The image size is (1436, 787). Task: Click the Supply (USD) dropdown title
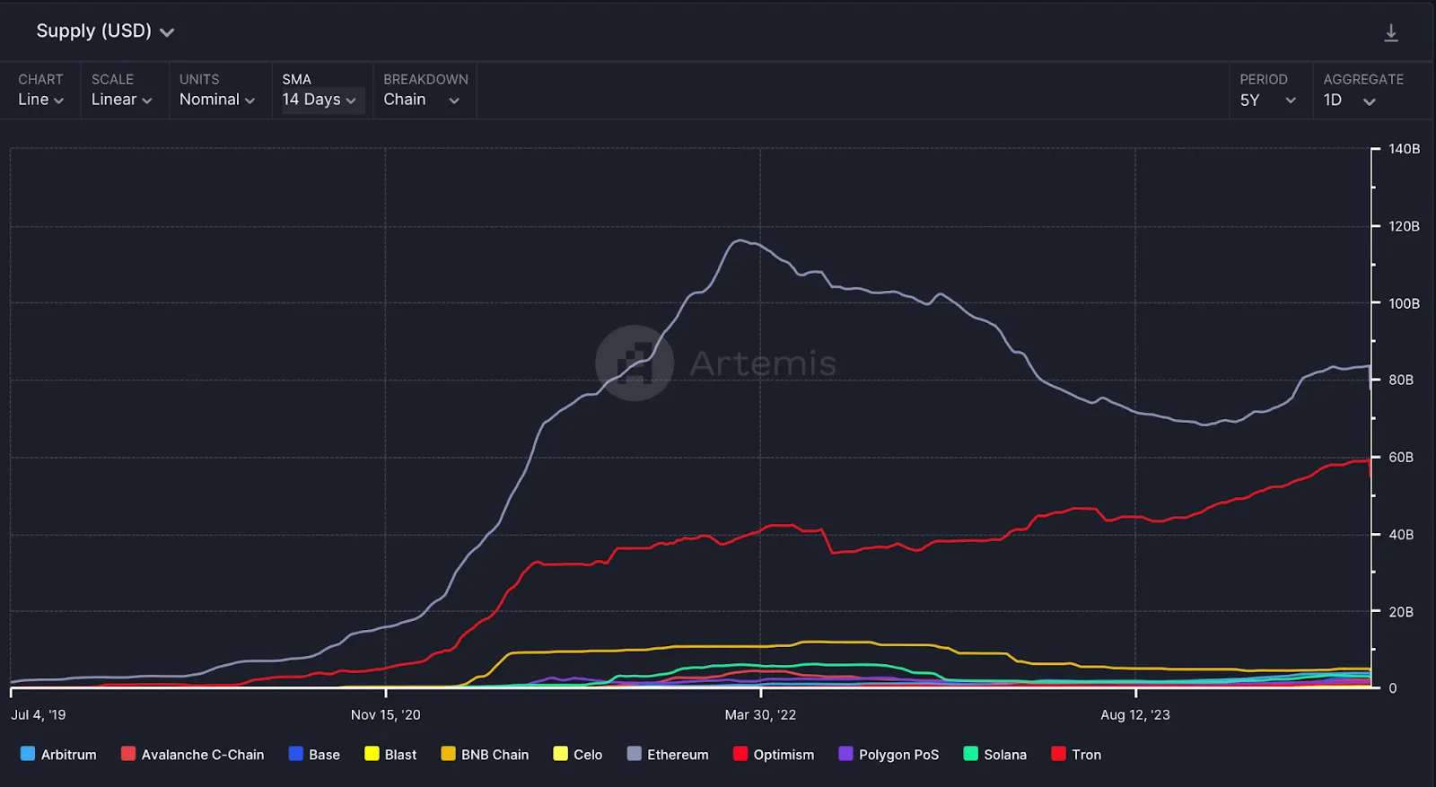point(104,31)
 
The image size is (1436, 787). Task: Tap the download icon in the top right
point(1390,33)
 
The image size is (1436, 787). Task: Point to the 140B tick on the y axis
point(1404,149)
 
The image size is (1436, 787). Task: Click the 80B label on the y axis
point(1400,380)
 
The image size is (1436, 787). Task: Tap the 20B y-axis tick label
point(1400,612)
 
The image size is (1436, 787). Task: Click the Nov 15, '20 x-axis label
point(385,715)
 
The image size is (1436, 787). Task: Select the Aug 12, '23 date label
point(1135,715)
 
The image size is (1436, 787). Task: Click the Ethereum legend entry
point(668,755)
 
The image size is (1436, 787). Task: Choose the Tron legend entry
point(1076,755)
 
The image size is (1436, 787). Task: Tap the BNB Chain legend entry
point(485,755)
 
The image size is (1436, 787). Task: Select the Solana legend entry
point(994,755)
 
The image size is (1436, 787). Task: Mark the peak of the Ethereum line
point(740,240)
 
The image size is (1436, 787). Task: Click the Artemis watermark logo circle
point(635,363)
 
